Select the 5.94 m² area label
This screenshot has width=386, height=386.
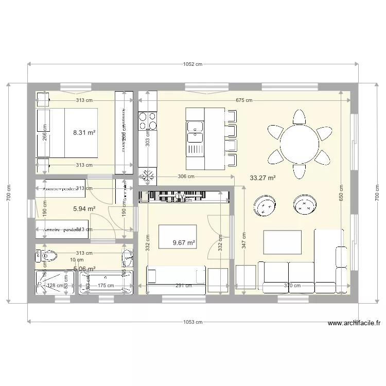(84, 209)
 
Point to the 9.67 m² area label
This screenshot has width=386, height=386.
(184, 242)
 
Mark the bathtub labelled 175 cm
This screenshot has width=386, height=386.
(106, 283)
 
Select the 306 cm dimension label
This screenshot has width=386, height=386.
(186, 177)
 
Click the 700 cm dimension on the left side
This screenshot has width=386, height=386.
(8, 193)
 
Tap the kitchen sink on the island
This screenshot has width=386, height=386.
(195, 132)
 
